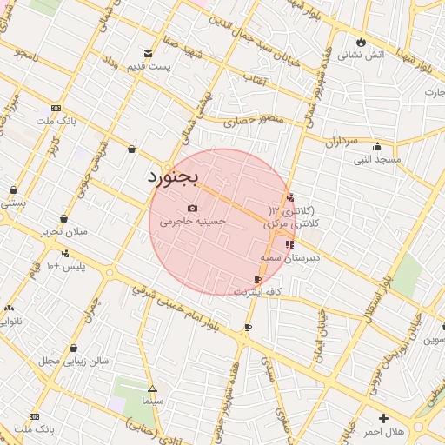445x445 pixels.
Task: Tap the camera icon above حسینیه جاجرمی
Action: click(x=192, y=209)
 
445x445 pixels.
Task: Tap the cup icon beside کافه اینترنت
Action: click(x=257, y=279)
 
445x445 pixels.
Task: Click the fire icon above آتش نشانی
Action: click(x=361, y=42)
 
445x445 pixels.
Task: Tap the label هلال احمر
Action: click(x=383, y=431)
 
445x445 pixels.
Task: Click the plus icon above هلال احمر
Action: click(x=383, y=419)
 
